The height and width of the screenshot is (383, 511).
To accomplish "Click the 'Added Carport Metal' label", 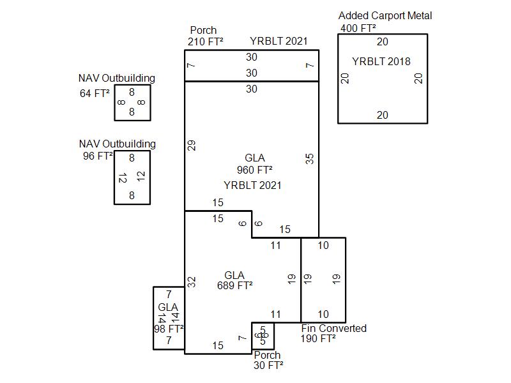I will click(385, 15).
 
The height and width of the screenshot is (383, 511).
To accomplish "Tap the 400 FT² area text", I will click(358, 28).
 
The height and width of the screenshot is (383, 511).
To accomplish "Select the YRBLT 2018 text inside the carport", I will click(381, 62).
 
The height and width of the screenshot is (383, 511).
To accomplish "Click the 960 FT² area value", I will click(254, 170).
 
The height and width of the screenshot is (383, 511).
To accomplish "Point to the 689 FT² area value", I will click(234, 285).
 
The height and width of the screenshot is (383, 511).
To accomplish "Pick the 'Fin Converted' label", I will click(333, 328).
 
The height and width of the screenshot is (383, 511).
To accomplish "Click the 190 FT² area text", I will click(318, 339).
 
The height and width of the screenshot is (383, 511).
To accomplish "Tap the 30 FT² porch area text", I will click(268, 365).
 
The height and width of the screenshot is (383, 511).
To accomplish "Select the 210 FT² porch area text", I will click(206, 42).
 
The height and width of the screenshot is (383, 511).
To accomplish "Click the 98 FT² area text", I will click(169, 329).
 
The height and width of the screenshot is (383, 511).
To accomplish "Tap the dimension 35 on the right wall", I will click(310, 158).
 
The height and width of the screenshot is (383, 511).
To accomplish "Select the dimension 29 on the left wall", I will click(191, 145).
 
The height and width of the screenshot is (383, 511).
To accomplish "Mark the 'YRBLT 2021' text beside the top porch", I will click(278, 41).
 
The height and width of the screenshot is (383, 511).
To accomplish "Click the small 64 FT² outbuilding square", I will click(132, 102).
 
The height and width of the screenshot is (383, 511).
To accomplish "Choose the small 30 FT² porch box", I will click(263, 335).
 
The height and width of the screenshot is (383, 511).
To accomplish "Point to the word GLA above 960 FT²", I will click(254, 158).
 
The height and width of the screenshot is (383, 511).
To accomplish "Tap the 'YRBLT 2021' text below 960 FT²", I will click(252, 185).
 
